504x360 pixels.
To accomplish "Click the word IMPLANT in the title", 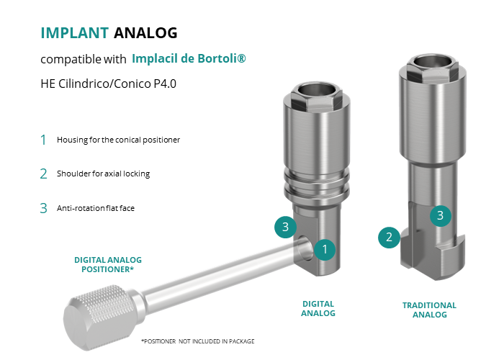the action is [75, 33].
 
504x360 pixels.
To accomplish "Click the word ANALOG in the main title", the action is [145, 33].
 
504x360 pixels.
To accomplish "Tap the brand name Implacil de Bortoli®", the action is [189, 58].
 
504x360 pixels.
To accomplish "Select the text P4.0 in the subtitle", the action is [165, 84].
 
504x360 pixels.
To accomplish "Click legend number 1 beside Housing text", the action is [43, 140].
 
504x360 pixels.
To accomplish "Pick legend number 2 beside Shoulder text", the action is [43, 174].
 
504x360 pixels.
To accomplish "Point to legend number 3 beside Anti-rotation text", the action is [43, 208].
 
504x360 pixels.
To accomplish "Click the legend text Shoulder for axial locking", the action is [103, 174].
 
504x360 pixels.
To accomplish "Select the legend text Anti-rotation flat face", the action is [96, 208].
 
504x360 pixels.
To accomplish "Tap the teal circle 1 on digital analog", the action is [325, 249].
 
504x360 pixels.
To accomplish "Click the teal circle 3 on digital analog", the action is [285, 228].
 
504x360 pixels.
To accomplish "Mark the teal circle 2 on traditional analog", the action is [389, 237].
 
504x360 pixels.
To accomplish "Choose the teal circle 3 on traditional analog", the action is [441, 216].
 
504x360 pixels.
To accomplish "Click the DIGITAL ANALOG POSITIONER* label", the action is [108, 264].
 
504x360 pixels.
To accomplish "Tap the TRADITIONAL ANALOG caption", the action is [429, 310].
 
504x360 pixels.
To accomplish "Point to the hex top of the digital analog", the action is [317, 97].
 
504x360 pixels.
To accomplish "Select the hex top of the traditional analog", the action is [432, 68].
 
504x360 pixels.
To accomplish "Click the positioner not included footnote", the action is [198, 341].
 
